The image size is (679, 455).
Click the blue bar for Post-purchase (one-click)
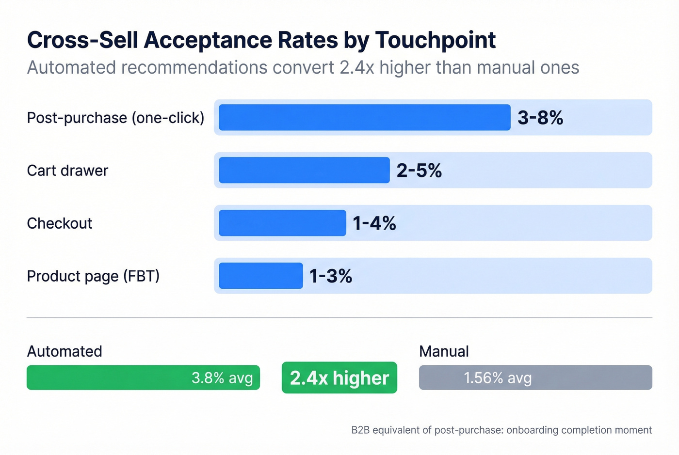(364, 117)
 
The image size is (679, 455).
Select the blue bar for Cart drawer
(304, 170)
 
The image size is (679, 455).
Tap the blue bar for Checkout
(282, 223)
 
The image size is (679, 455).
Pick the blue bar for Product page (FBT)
(260, 276)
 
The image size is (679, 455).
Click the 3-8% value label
(540, 118)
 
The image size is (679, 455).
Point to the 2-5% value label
(419, 171)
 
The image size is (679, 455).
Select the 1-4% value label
(374, 223)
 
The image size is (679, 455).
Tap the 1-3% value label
(331, 276)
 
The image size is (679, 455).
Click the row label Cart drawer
(67, 171)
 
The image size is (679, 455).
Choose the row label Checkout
(59, 223)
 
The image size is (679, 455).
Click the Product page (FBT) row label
(93, 276)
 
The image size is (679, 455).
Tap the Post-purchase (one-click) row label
(115, 118)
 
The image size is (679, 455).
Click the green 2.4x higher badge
(339, 377)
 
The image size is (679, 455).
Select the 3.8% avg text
(222, 377)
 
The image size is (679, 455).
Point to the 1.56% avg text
(498, 377)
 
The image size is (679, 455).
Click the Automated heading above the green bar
(65, 351)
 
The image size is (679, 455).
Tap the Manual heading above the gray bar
(444, 351)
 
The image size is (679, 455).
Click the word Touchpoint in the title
(435, 40)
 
